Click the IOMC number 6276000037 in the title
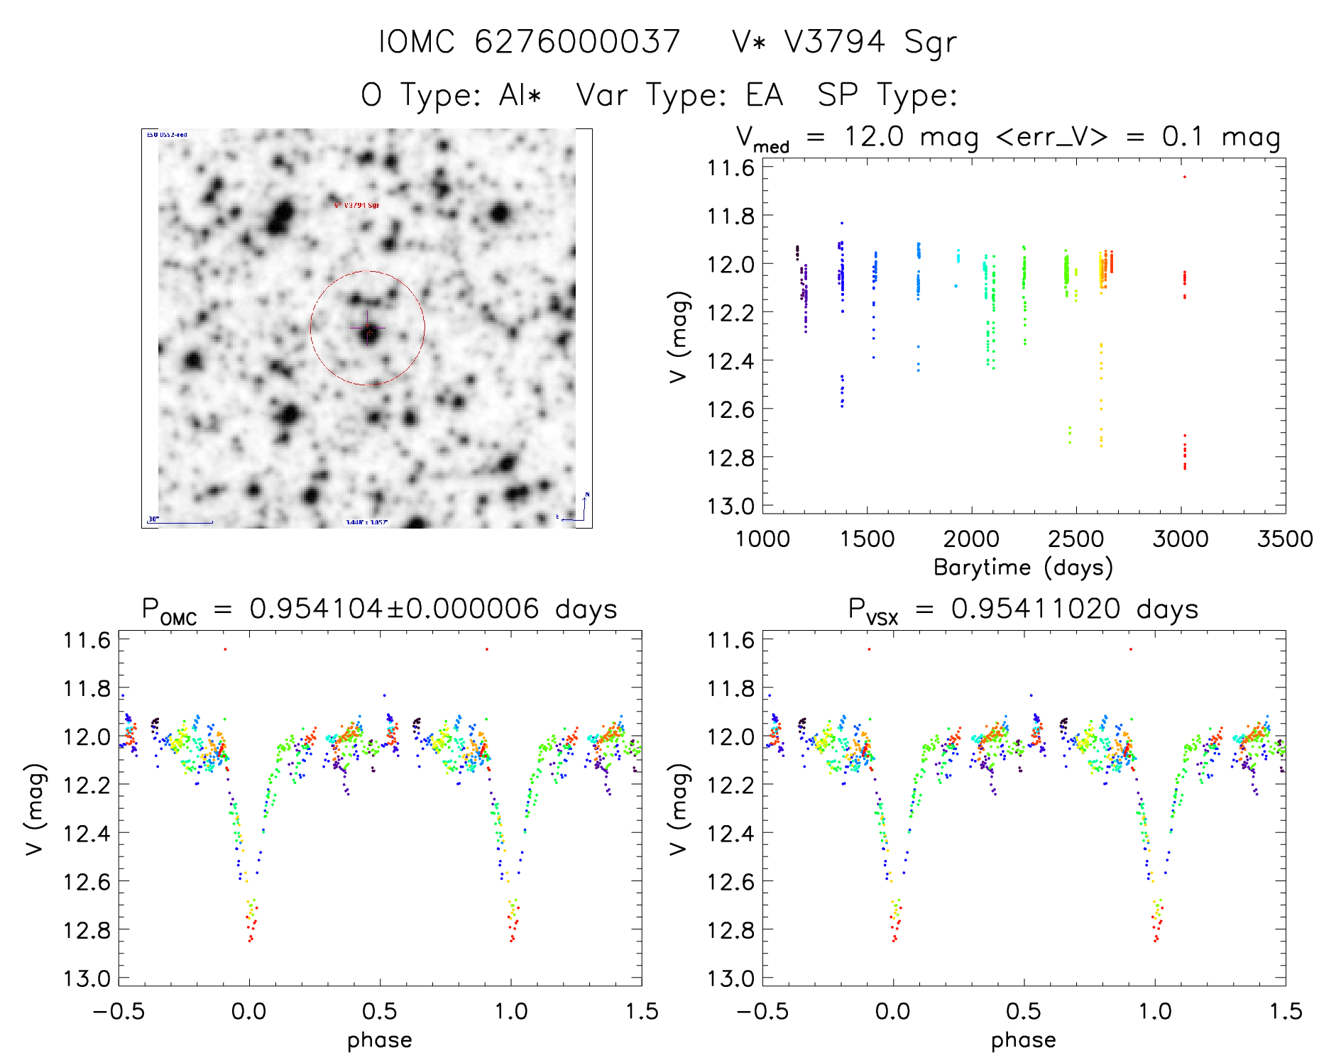(577, 41)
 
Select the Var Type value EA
(764, 95)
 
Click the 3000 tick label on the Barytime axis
(1181, 539)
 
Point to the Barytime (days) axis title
(1023, 568)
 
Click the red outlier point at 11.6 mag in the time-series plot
(1184, 177)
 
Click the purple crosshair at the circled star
(368, 328)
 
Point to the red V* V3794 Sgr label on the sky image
(356, 205)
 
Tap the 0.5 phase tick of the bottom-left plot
(380, 1011)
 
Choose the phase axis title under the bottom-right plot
(1023, 1040)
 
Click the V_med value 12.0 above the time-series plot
(874, 136)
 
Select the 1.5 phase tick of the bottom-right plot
(1285, 1011)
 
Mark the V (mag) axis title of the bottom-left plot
(35, 809)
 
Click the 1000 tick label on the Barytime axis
(762, 539)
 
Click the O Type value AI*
(520, 95)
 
